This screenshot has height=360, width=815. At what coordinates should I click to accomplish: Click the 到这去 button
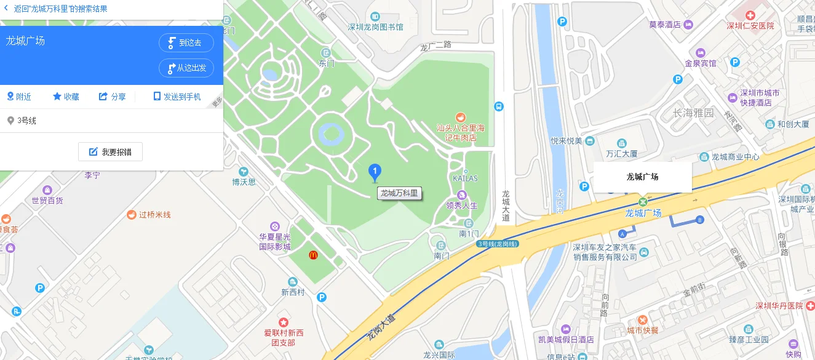pyautogui.click(x=186, y=42)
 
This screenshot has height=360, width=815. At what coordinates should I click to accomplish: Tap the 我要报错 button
pyautogui.click(x=110, y=152)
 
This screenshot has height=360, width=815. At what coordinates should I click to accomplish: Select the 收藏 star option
pyautogui.click(x=66, y=97)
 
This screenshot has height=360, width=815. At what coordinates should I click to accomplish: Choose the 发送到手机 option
pyautogui.click(x=177, y=97)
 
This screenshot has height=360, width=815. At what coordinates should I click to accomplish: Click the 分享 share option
pyautogui.click(x=112, y=97)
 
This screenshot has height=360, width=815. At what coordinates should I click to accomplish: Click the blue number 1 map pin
pyautogui.click(x=374, y=172)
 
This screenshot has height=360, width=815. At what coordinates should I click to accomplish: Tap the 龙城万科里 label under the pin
pyautogui.click(x=399, y=193)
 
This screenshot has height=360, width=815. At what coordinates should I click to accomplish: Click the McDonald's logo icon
pyautogui.click(x=313, y=254)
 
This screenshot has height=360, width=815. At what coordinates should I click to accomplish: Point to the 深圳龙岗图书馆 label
pyautogui.click(x=375, y=27)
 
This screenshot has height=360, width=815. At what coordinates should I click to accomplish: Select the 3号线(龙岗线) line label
pyautogui.click(x=499, y=244)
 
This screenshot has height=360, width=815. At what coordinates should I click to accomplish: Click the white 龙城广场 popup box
pyautogui.click(x=642, y=177)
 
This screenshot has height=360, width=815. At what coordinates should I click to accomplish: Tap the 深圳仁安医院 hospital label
pyautogui.click(x=750, y=26)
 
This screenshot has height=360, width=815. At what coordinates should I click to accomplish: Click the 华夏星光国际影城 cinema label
pyautogui.click(x=274, y=242)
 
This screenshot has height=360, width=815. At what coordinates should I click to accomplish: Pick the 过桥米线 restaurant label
pyautogui.click(x=154, y=215)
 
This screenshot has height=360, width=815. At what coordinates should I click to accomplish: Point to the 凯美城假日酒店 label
pyautogui.click(x=565, y=340)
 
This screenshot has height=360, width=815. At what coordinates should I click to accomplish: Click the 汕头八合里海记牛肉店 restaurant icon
pyautogui.click(x=459, y=117)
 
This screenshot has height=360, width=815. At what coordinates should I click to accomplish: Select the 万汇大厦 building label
pyautogui.click(x=621, y=153)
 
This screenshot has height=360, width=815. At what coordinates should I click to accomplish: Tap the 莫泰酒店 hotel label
pyautogui.click(x=665, y=25)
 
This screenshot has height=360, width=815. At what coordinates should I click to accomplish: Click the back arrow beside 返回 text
pyautogui.click(x=6, y=9)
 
